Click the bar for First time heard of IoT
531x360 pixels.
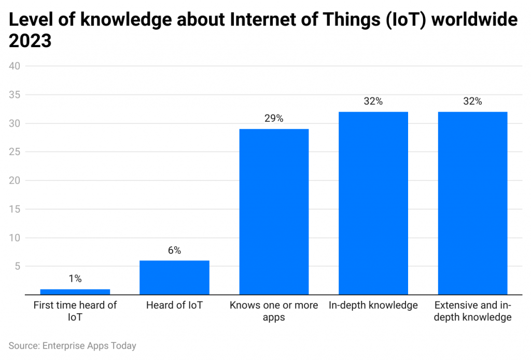pos(75,292)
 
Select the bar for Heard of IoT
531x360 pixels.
pos(174,278)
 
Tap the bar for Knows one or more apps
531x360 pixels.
pos(274,212)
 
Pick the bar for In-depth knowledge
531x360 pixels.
pos(373,203)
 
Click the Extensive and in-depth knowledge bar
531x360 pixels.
pos(472,203)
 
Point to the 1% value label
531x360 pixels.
pos(75,279)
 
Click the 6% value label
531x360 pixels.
pos(174,250)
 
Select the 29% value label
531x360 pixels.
pos(274,118)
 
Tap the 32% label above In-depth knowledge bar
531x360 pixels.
pos(373,101)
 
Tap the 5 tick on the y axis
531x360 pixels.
pos(17,267)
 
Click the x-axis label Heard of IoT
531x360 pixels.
pos(174,305)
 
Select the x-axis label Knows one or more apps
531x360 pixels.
pos(274,311)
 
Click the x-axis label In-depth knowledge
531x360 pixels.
pos(373,305)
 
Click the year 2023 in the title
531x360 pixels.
pos(30,40)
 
